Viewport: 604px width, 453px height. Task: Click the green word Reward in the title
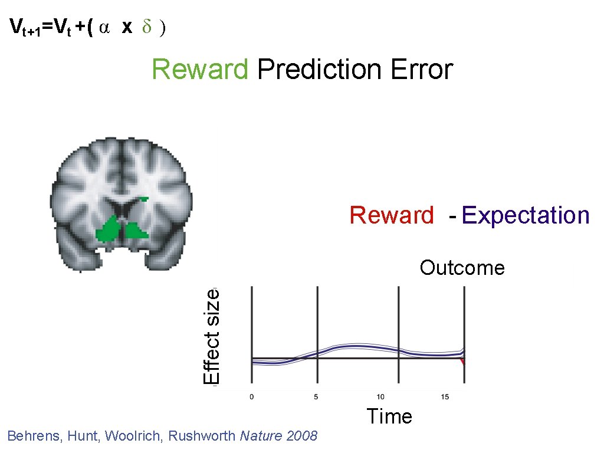(200, 70)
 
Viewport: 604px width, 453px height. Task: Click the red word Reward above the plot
(391, 215)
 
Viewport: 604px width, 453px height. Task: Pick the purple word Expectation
(526, 216)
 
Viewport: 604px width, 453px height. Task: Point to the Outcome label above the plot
(462, 268)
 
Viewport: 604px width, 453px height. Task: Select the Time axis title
(389, 416)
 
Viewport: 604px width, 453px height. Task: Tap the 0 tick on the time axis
(252, 397)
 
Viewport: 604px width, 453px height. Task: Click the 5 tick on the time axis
(317, 397)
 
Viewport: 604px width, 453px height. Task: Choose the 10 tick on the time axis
(381, 397)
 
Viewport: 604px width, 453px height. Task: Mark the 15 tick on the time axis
(445, 397)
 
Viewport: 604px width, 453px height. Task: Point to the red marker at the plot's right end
(464, 361)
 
